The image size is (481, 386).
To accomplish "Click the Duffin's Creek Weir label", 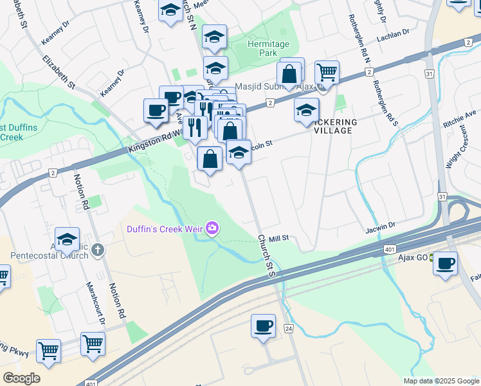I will pyautogui.click(x=164, y=228).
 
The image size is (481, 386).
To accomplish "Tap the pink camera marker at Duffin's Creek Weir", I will pyautogui.click(x=212, y=228).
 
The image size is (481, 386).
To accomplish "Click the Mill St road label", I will pyautogui.click(x=278, y=238).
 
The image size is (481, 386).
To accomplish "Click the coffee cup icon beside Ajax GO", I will pyautogui.click(x=445, y=263).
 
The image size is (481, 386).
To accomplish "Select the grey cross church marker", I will pyautogui.click(x=98, y=249).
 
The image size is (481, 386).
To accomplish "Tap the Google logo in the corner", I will pyautogui.click(x=21, y=378).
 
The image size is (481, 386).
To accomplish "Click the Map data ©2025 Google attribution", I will pyautogui.click(x=440, y=381).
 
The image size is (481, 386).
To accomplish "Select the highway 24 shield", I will pyautogui.click(x=288, y=329).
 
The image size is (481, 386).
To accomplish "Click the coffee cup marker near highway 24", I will pyautogui.click(x=263, y=326).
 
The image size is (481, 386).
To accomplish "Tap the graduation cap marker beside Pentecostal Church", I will pyautogui.click(x=67, y=239).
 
